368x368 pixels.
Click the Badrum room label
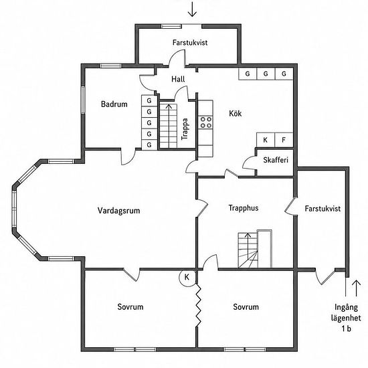[114, 104]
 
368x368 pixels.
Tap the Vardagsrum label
[118, 211]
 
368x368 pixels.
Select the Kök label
[235, 113]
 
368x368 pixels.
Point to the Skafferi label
[276, 160]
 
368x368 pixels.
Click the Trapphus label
[244, 208]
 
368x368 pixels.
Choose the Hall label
[178, 79]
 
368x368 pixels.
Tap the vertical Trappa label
[185, 129]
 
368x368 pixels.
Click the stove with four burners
[205, 122]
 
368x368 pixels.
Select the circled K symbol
[187, 278]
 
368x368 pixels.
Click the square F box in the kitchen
[284, 140]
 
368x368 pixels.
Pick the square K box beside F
[266, 140]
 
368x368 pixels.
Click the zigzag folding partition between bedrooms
[199, 305]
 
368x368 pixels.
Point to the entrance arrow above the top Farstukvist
[192, 9]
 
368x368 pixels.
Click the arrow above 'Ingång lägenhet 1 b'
[356, 288]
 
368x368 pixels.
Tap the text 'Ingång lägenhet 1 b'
[346, 318]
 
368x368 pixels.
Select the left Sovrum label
[130, 306]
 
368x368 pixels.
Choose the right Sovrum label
[246, 306]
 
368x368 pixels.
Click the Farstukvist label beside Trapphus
[323, 208]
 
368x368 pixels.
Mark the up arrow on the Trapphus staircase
[248, 238]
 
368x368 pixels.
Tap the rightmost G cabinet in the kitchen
[284, 74]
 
